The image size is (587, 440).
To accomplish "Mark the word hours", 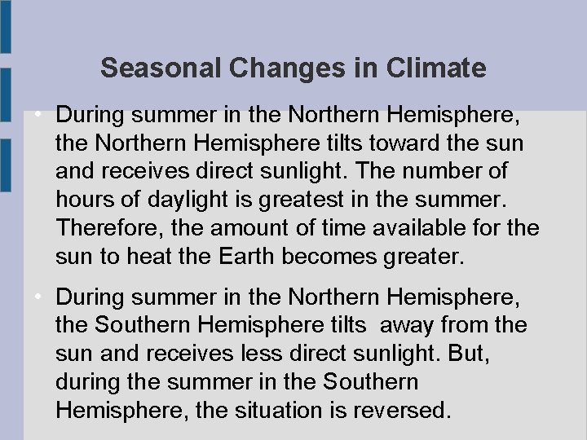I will (82, 200).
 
